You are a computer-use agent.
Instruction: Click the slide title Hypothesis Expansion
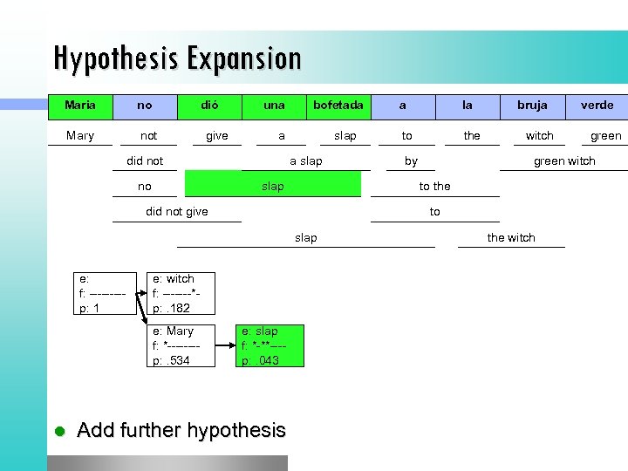177,58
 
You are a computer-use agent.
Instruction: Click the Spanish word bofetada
338,106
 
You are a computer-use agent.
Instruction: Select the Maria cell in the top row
80,106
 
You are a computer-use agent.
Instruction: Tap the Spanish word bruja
532,106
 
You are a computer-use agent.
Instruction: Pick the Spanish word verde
597,106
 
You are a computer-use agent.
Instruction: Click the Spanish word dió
209,106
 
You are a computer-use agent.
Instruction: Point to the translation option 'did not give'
176,212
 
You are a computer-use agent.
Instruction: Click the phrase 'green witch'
564,160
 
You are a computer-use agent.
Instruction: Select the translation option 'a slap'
305,160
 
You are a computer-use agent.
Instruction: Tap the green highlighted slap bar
273,185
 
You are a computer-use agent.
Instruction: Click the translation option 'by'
411,160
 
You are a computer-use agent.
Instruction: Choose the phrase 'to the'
434,186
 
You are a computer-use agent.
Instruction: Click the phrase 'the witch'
511,237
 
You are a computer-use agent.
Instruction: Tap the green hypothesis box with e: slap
270,345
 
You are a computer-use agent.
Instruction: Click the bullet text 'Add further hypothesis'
181,430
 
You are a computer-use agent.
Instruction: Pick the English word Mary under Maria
80,135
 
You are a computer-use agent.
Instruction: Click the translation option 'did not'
145,160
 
